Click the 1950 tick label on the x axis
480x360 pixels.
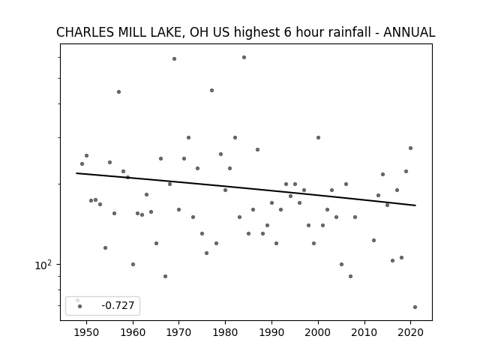tap(87, 332)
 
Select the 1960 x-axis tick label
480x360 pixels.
tap(133, 332)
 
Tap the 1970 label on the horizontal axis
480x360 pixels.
tap(179, 332)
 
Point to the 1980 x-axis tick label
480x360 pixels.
tap(225, 332)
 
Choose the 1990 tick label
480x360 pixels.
tap(271, 332)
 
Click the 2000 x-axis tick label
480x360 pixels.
tap(318, 332)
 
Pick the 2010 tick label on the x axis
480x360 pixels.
tap(364, 332)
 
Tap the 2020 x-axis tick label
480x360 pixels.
tap(410, 332)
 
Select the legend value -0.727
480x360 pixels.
tap(118, 305)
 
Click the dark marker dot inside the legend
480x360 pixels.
tap(80, 306)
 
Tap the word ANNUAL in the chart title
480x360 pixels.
tap(409, 32)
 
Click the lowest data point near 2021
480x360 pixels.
tap(415, 307)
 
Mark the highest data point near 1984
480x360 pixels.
tap(244, 57)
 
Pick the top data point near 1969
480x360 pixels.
tap(174, 58)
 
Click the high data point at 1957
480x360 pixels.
tap(118, 91)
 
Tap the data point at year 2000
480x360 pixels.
tap(318, 138)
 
